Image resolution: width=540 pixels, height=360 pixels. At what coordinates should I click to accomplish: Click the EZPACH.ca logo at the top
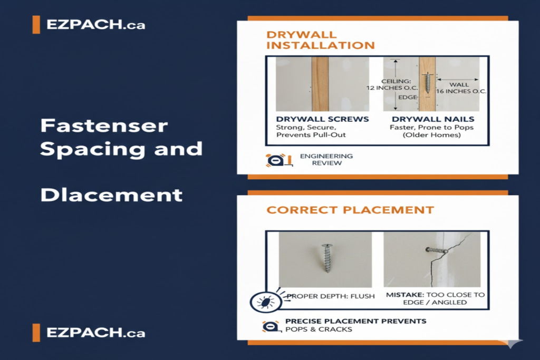pyautogui.click(x=89, y=25)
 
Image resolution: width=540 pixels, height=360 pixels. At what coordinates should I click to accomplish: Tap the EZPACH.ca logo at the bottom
pyautogui.click(x=89, y=333)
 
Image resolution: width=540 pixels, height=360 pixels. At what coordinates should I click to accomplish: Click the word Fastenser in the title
pyautogui.click(x=104, y=125)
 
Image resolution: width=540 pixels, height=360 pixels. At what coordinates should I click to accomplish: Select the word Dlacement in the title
pyautogui.click(x=111, y=195)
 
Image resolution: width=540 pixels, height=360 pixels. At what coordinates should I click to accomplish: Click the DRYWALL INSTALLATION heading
pyautogui.click(x=320, y=40)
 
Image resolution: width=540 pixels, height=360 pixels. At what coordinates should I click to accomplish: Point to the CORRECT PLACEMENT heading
pyautogui.click(x=350, y=210)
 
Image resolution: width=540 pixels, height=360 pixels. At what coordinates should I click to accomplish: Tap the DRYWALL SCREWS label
pyautogui.click(x=322, y=119)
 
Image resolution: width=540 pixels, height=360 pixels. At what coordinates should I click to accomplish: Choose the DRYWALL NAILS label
pyautogui.click(x=433, y=119)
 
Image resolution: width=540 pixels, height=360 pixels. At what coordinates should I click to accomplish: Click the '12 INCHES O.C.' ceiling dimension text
pyautogui.click(x=392, y=88)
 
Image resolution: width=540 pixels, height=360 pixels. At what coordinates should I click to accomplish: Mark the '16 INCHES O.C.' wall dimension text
pyautogui.click(x=461, y=91)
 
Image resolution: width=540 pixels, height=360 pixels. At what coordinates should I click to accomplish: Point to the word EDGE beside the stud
pyautogui.click(x=408, y=98)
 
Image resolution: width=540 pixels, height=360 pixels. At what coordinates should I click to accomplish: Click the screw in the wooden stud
pyautogui.click(x=427, y=83)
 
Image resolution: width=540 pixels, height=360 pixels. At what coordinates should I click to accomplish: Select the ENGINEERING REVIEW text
pyautogui.click(x=326, y=159)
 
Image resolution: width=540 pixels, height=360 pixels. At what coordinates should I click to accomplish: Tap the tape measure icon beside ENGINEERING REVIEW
pyautogui.click(x=279, y=160)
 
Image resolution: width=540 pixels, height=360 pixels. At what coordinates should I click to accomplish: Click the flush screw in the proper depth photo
pyautogui.click(x=326, y=258)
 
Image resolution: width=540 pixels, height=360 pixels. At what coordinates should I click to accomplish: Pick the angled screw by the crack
pyautogui.click(x=436, y=250)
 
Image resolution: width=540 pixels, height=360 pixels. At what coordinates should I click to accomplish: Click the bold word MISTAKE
pyautogui.click(x=404, y=295)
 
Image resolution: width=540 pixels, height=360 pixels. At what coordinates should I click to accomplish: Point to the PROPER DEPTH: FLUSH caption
pyautogui.click(x=331, y=296)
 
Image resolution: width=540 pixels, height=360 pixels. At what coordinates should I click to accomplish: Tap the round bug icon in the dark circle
pyautogui.click(x=266, y=302)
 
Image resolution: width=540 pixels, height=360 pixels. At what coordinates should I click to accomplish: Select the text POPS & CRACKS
pyautogui.click(x=319, y=329)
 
